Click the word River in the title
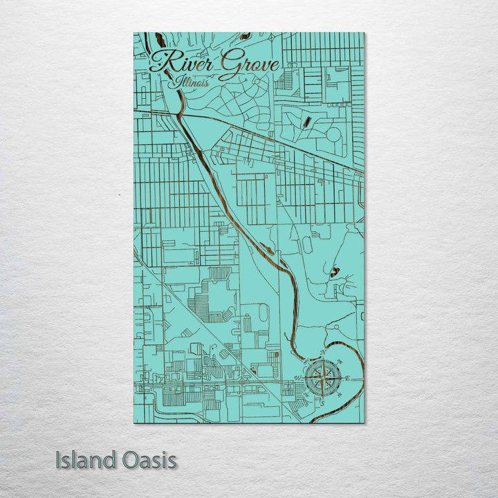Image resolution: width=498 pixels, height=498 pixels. click(x=182, y=64)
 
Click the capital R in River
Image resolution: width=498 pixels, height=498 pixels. click(x=163, y=62)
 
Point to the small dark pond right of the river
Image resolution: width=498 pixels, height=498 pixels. click(x=335, y=273)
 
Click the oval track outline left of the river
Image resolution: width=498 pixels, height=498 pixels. click(x=306, y=245)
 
